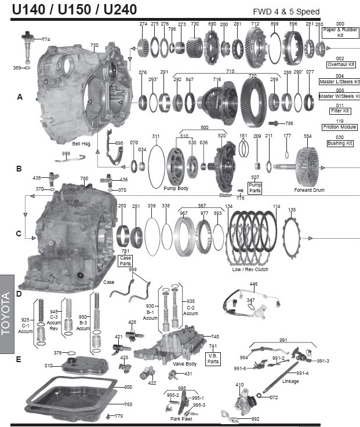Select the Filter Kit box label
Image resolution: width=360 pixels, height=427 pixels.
point(340,110)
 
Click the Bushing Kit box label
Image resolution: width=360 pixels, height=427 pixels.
point(340,143)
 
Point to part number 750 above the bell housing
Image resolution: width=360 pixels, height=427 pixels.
point(94,45)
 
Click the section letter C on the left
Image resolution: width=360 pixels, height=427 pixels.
point(19,234)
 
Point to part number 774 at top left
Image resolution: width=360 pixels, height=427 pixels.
point(46,39)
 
